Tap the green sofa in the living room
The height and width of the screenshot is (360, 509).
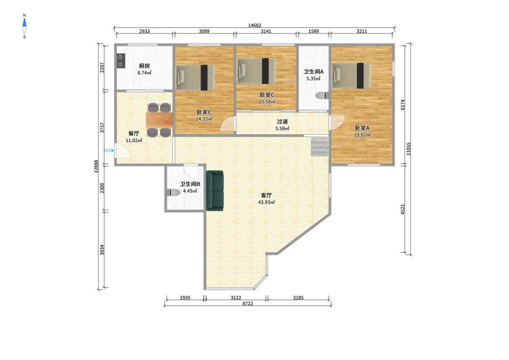pos(215,190)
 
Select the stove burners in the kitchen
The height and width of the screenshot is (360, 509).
pos(120,61)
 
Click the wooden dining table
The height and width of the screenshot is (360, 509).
pos(159,120)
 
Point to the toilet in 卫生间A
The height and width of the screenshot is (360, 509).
pos(322,96)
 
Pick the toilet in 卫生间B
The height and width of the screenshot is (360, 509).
pos(173,192)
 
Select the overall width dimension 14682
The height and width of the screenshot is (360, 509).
pos(254,25)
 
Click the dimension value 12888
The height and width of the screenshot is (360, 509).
pos(96,166)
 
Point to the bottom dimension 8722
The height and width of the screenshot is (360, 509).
pos(247,303)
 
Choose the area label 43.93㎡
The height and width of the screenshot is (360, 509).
pos(266,202)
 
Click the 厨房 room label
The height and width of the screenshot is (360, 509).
pos(144,66)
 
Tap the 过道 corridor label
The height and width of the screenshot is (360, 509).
pos(282,121)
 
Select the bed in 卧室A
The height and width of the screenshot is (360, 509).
pos(351,76)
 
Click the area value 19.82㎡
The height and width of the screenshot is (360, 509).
pos(362,135)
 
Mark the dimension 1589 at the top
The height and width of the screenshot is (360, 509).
pos(313,31)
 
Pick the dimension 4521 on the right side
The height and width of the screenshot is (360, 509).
pos(403,209)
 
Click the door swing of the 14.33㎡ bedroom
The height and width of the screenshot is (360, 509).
pos(227,124)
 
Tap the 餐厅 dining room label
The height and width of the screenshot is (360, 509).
pos(134,134)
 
